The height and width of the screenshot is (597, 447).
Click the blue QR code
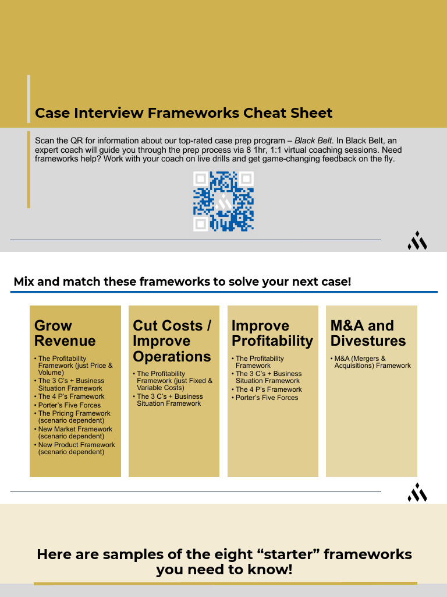coord(223,201)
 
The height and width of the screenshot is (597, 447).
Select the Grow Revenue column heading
coord(65,333)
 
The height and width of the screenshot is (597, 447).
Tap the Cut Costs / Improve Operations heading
coord(172,340)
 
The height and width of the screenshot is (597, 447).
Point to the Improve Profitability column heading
coord(272,333)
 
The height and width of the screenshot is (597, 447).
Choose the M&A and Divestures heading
coord(368,333)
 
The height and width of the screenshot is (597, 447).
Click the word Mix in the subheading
coord(23,282)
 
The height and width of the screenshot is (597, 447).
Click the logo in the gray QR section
coord(417,240)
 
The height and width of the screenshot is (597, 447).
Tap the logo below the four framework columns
coord(417,492)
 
